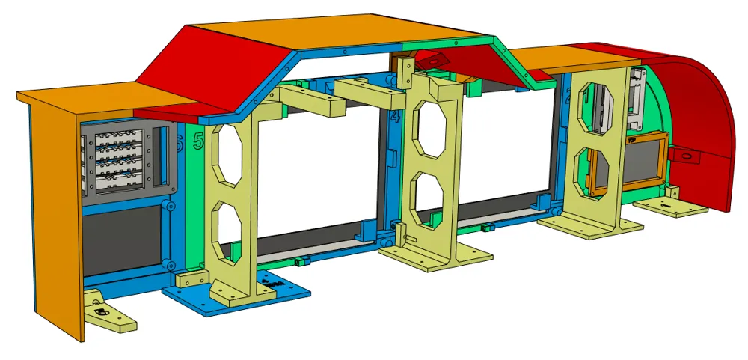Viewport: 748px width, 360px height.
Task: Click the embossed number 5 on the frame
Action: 198,140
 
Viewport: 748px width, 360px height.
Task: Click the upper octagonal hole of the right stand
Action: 596,104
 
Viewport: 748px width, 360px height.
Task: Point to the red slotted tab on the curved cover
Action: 684,155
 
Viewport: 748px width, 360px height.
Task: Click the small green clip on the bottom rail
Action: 303,261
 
